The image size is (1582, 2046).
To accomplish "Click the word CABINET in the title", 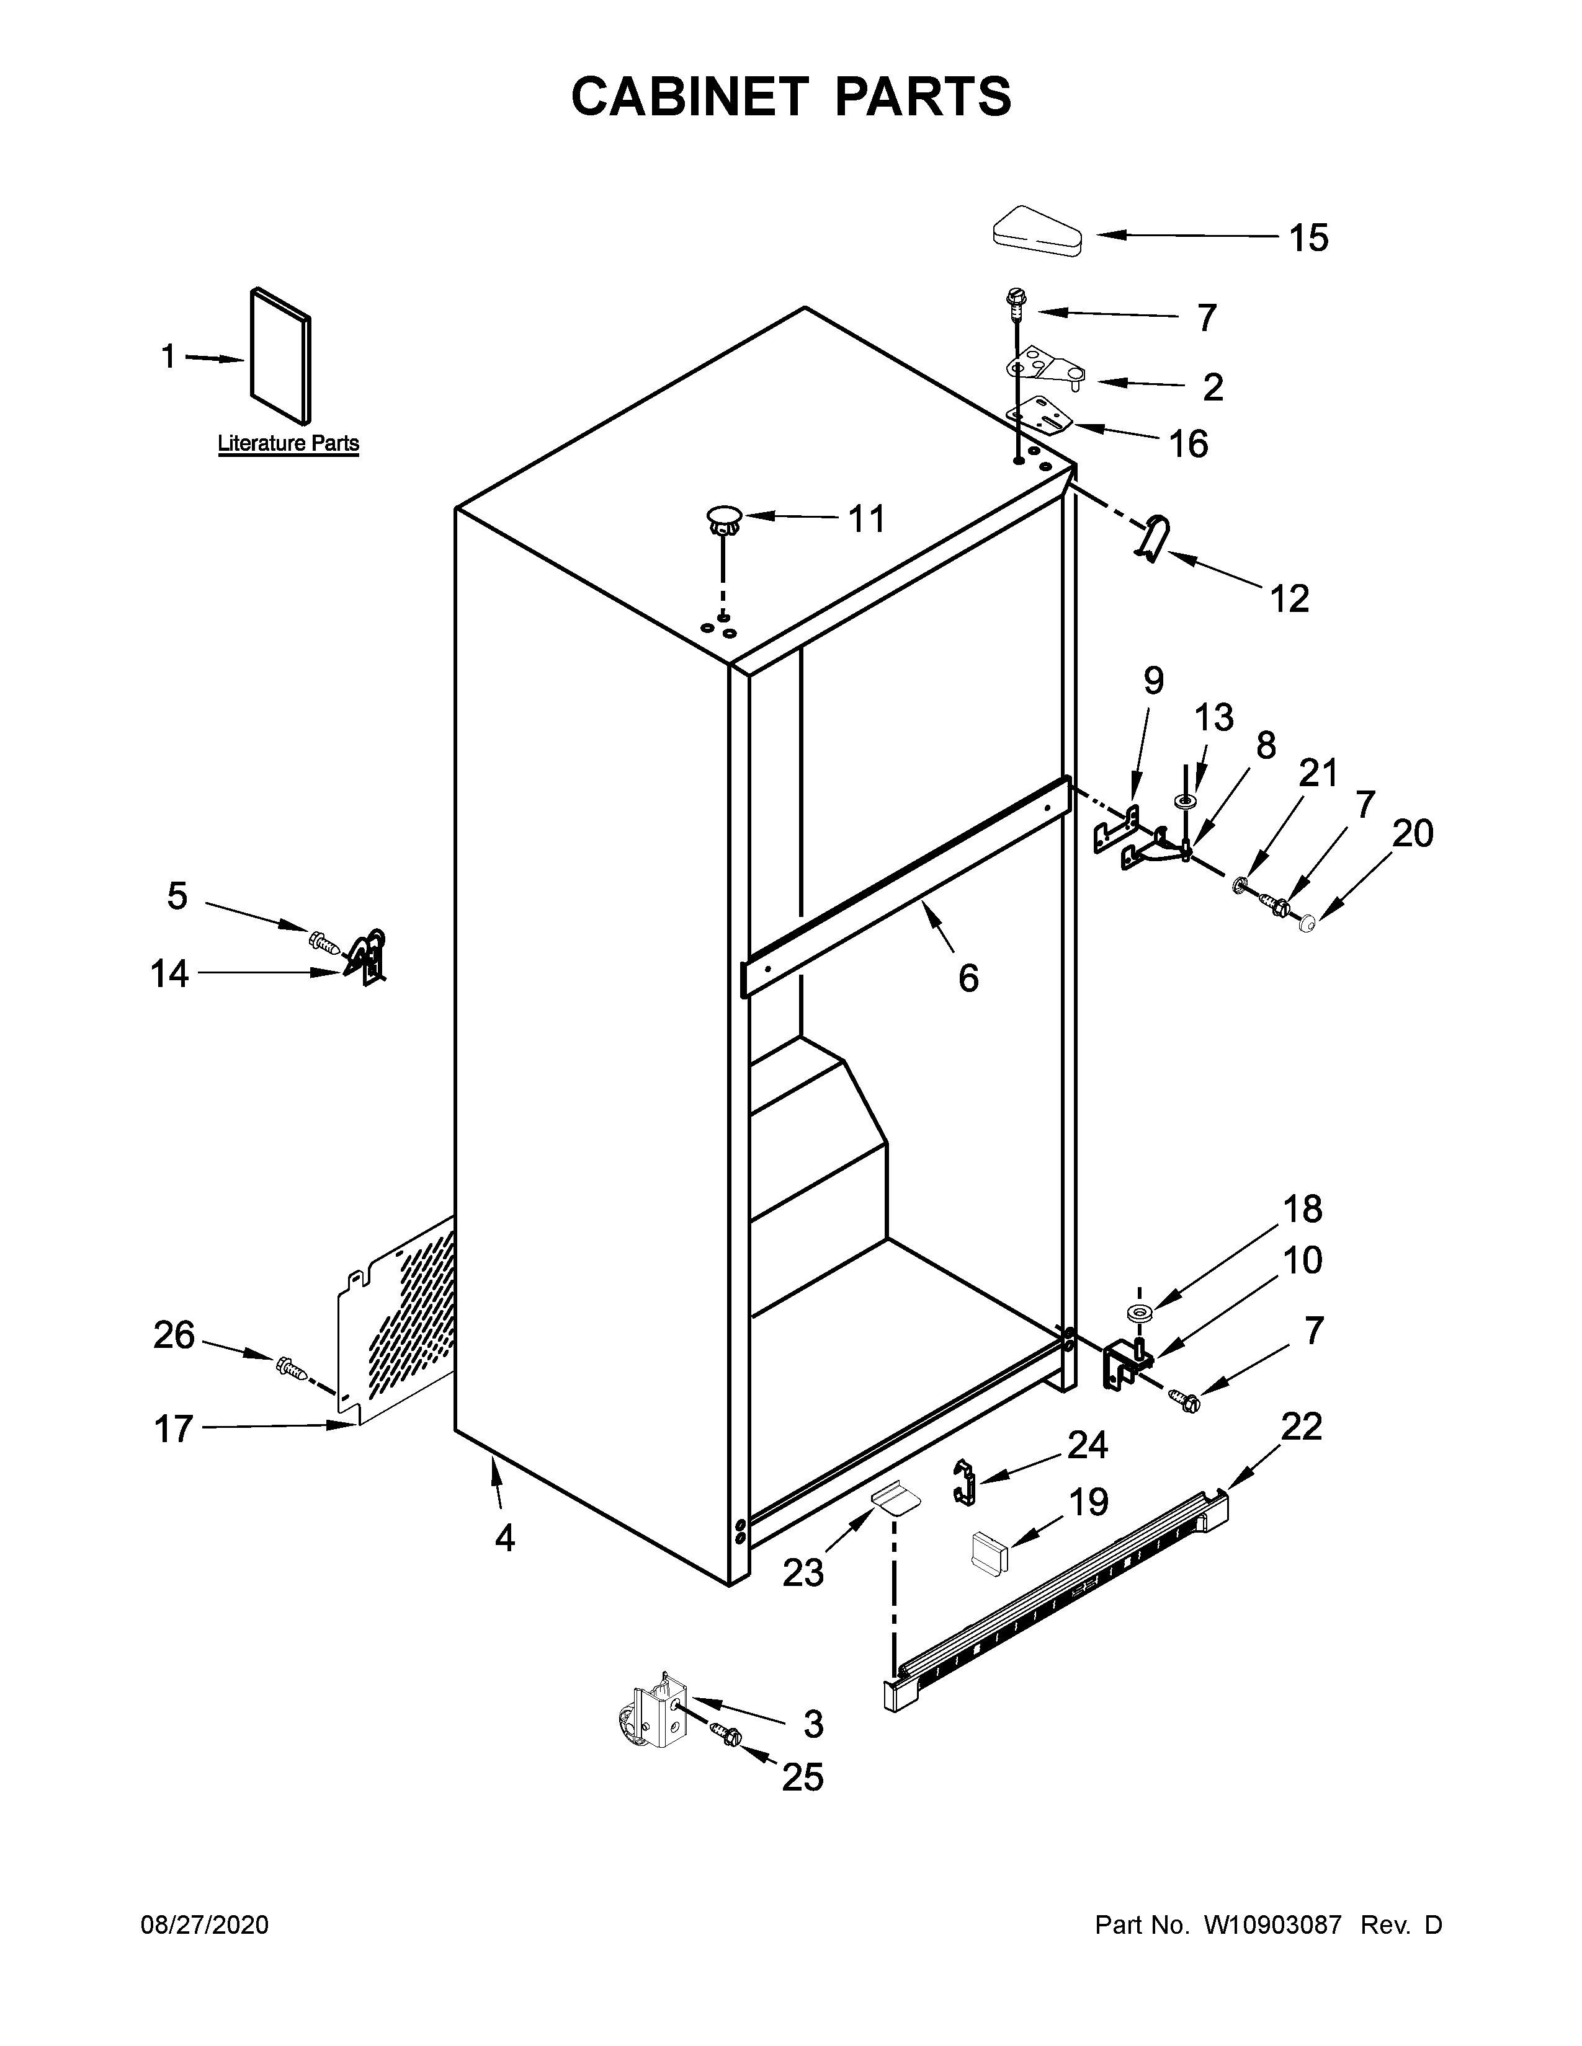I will [689, 97].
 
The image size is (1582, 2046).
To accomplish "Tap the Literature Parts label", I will [288, 443].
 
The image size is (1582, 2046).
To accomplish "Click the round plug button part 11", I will [723, 518].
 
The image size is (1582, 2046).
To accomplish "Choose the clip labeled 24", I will [964, 1481].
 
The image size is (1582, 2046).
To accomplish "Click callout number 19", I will [1088, 1503].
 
